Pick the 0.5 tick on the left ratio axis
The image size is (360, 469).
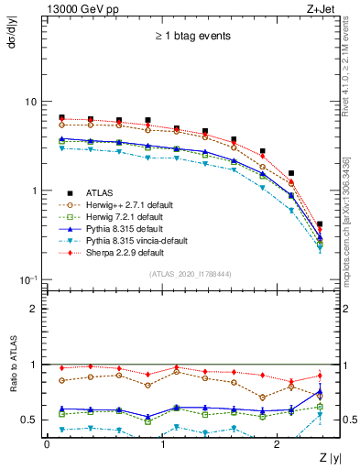click(34, 420)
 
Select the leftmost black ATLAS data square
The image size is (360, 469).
click(61, 117)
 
